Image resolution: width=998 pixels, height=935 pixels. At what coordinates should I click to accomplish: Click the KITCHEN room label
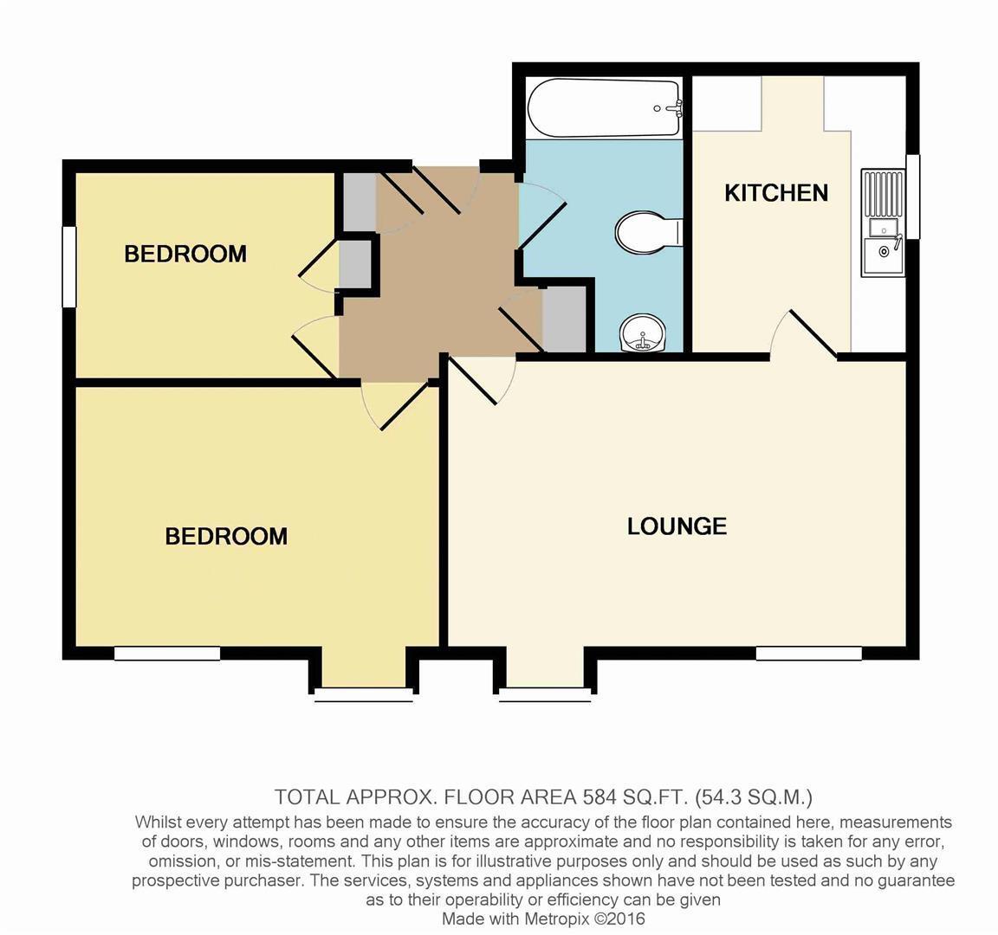pos(776,192)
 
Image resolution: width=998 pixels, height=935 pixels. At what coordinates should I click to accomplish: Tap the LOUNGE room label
pos(677,526)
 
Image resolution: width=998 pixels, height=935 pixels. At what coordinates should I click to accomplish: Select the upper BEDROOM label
pos(185,254)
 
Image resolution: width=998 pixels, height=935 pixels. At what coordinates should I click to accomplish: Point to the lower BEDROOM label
pos(226,536)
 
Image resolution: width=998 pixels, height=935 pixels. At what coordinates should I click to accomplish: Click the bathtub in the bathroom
pos(604,108)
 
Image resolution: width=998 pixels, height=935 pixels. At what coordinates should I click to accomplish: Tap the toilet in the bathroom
pos(647,232)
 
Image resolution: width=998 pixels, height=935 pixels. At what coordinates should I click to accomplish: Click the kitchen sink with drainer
pos(883,223)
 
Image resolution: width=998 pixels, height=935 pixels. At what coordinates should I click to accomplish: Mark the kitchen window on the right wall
pos(913,196)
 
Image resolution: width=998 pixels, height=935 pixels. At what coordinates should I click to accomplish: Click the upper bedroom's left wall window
pos(69,266)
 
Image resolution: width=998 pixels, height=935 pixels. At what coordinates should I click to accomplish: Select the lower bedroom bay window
pos(363,693)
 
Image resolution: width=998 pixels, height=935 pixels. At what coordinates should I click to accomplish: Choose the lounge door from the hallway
pos(475,381)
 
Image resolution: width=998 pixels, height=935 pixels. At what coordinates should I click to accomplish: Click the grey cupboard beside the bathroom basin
pos(563,320)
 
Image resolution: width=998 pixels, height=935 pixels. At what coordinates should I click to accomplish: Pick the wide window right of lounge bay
pos(808,654)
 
